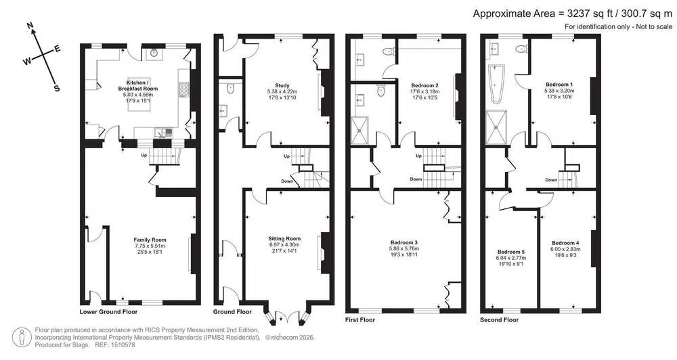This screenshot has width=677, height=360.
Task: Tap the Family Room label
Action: tap(150, 240)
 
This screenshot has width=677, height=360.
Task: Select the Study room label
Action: tap(282, 85)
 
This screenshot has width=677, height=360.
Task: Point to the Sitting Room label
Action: tap(284, 239)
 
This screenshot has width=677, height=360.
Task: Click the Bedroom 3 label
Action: tap(403, 242)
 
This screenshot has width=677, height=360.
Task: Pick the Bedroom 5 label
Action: tap(510, 252)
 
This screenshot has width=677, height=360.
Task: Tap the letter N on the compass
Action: tap(30, 26)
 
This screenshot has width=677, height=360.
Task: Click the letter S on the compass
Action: tap(57, 89)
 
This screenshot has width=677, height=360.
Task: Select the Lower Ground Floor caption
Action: tap(108, 312)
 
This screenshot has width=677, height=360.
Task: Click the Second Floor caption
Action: tap(499, 320)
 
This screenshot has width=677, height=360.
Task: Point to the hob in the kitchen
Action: tap(184, 89)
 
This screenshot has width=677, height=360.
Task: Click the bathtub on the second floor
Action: tap(496, 84)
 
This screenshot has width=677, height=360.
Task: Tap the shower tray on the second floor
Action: tap(496, 127)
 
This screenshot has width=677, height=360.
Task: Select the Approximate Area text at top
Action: tap(573, 14)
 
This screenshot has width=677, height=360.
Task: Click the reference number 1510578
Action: tap(123, 345)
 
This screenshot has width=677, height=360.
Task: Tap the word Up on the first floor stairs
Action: tap(418, 156)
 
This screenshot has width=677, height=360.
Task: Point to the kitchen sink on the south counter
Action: tap(163, 133)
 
